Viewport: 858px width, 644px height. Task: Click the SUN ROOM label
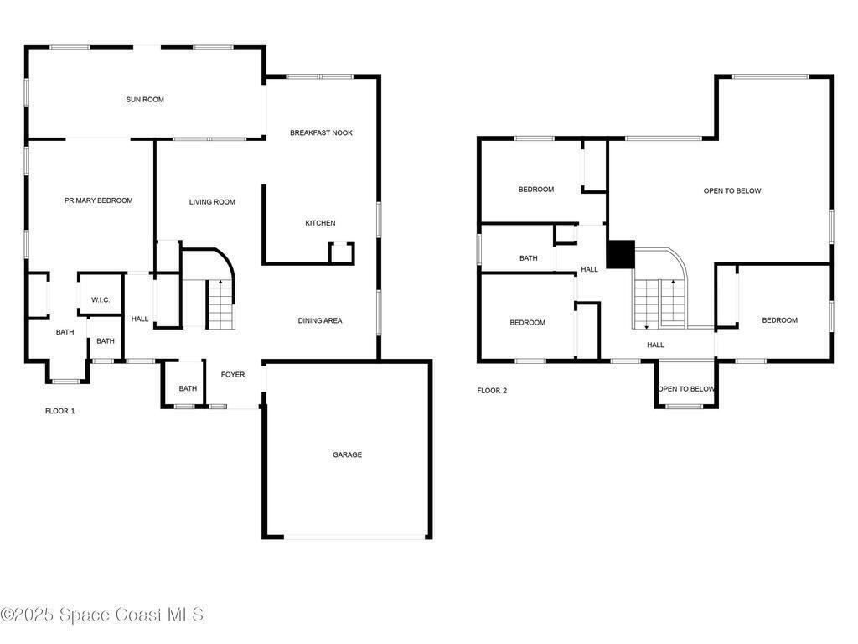click(x=145, y=100)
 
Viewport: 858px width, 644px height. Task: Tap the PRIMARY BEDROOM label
click(x=99, y=200)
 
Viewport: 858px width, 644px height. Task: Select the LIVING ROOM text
click(x=212, y=202)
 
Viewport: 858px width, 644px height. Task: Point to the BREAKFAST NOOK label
click(x=321, y=133)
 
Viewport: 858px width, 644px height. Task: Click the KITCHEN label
click(x=321, y=223)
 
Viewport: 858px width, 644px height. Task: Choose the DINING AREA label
click(x=320, y=321)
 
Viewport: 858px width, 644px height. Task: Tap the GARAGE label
click(x=348, y=455)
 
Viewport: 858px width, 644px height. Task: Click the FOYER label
click(x=233, y=375)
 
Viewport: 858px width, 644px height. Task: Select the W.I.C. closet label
click(x=101, y=300)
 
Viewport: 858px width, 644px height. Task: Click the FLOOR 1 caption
click(x=60, y=411)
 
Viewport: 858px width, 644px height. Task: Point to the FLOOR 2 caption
click(x=492, y=391)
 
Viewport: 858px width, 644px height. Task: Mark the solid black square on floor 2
click(x=621, y=255)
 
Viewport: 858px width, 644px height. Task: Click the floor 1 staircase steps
click(x=221, y=304)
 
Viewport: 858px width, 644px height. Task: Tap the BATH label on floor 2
click(x=529, y=258)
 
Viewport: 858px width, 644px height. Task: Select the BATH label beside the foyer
click(x=188, y=389)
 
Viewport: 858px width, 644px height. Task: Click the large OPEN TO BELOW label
click(x=732, y=191)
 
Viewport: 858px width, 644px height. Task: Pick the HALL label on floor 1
click(x=140, y=319)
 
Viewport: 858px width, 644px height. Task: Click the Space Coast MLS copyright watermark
click(x=102, y=615)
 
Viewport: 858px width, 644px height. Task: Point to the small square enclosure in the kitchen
click(x=342, y=253)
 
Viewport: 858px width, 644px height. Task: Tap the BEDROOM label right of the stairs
click(x=780, y=320)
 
